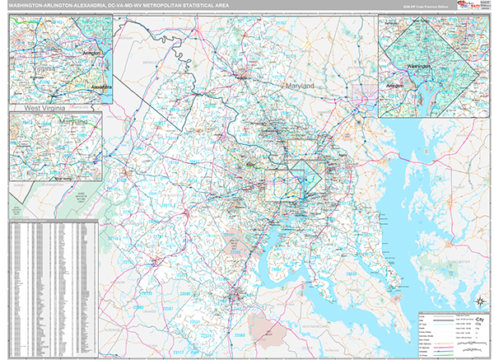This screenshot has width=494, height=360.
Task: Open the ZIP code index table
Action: (x=53, y=288)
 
